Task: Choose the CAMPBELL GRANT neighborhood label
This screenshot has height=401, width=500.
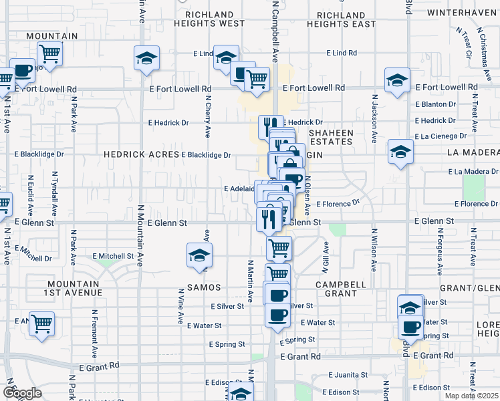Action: [341, 289]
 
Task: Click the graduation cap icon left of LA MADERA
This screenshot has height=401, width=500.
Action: [400, 151]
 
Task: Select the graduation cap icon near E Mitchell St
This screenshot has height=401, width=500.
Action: [199, 255]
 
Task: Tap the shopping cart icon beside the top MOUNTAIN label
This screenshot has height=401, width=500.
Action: [49, 52]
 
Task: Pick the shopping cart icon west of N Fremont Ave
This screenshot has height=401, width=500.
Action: [41, 323]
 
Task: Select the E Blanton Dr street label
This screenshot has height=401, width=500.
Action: [435, 104]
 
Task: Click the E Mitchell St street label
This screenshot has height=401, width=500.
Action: [114, 256]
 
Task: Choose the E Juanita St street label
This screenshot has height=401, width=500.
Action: [346, 376]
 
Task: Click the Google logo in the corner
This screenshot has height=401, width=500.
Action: [22, 392]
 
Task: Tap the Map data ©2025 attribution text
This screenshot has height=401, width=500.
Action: [471, 396]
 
